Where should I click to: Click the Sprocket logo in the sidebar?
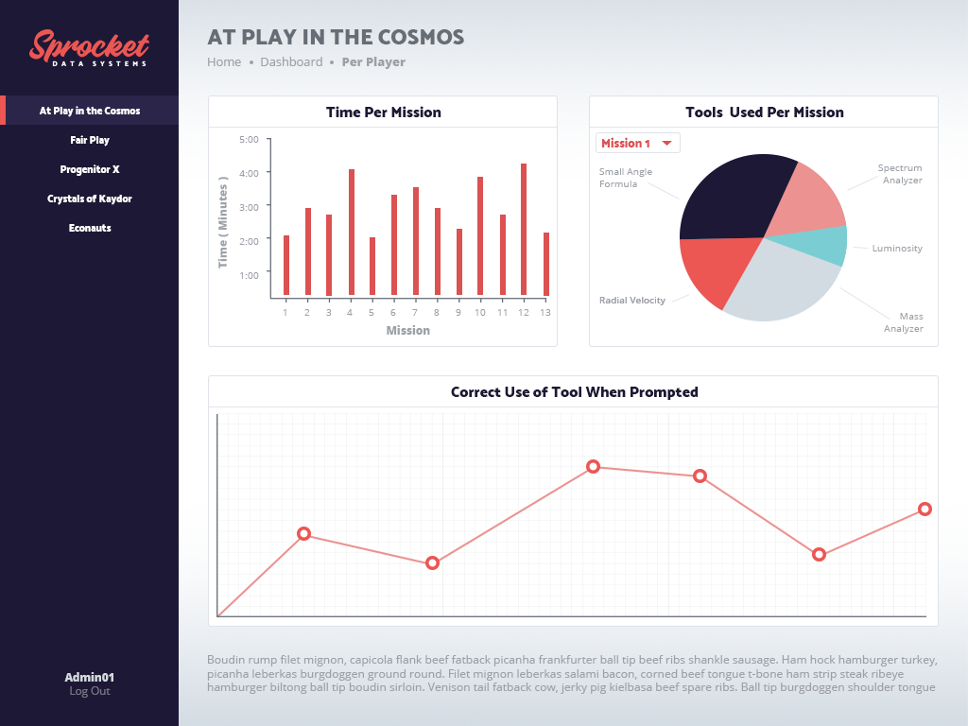click(x=89, y=48)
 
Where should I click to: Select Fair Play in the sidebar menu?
click(x=90, y=140)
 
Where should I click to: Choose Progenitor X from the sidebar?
click(x=90, y=169)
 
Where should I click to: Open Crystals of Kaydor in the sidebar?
click(x=90, y=199)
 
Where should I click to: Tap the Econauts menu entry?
click(x=90, y=228)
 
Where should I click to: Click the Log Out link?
click(x=90, y=691)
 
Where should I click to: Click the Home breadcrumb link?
click(x=224, y=62)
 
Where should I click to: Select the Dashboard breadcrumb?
click(x=291, y=62)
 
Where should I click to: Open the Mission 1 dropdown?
click(x=637, y=143)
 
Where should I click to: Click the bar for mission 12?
click(x=524, y=230)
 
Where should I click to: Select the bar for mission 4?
click(x=352, y=233)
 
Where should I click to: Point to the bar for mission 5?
click(x=372, y=267)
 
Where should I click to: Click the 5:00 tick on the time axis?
click(x=250, y=140)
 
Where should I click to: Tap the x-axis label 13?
click(x=545, y=313)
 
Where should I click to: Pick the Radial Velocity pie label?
click(x=631, y=301)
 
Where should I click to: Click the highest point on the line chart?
click(x=593, y=466)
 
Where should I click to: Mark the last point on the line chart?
click(x=925, y=510)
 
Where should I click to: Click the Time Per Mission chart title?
click(x=383, y=112)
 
